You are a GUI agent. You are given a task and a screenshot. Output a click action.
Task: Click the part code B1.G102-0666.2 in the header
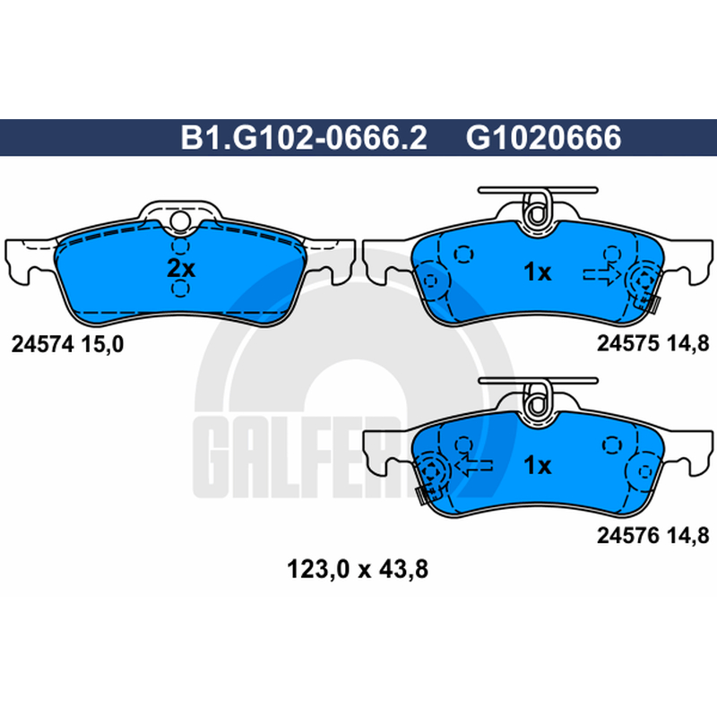[304, 138]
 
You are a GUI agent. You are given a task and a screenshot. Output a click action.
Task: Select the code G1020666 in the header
[543, 138]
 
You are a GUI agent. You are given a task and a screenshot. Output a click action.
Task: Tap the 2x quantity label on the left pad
[181, 268]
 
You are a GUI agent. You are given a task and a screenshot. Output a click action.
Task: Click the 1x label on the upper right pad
[537, 272]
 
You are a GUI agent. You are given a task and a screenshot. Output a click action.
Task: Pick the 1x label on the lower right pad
[537, 465]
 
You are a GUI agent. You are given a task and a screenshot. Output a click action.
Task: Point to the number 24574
[42, 344]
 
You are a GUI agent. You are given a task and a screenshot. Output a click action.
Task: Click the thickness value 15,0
[102, 344]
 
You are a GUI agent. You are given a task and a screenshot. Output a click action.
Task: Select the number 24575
[627, 343]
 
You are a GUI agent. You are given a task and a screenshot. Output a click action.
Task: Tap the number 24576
[627, 535]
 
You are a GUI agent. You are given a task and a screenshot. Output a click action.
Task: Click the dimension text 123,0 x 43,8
[357, 570]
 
